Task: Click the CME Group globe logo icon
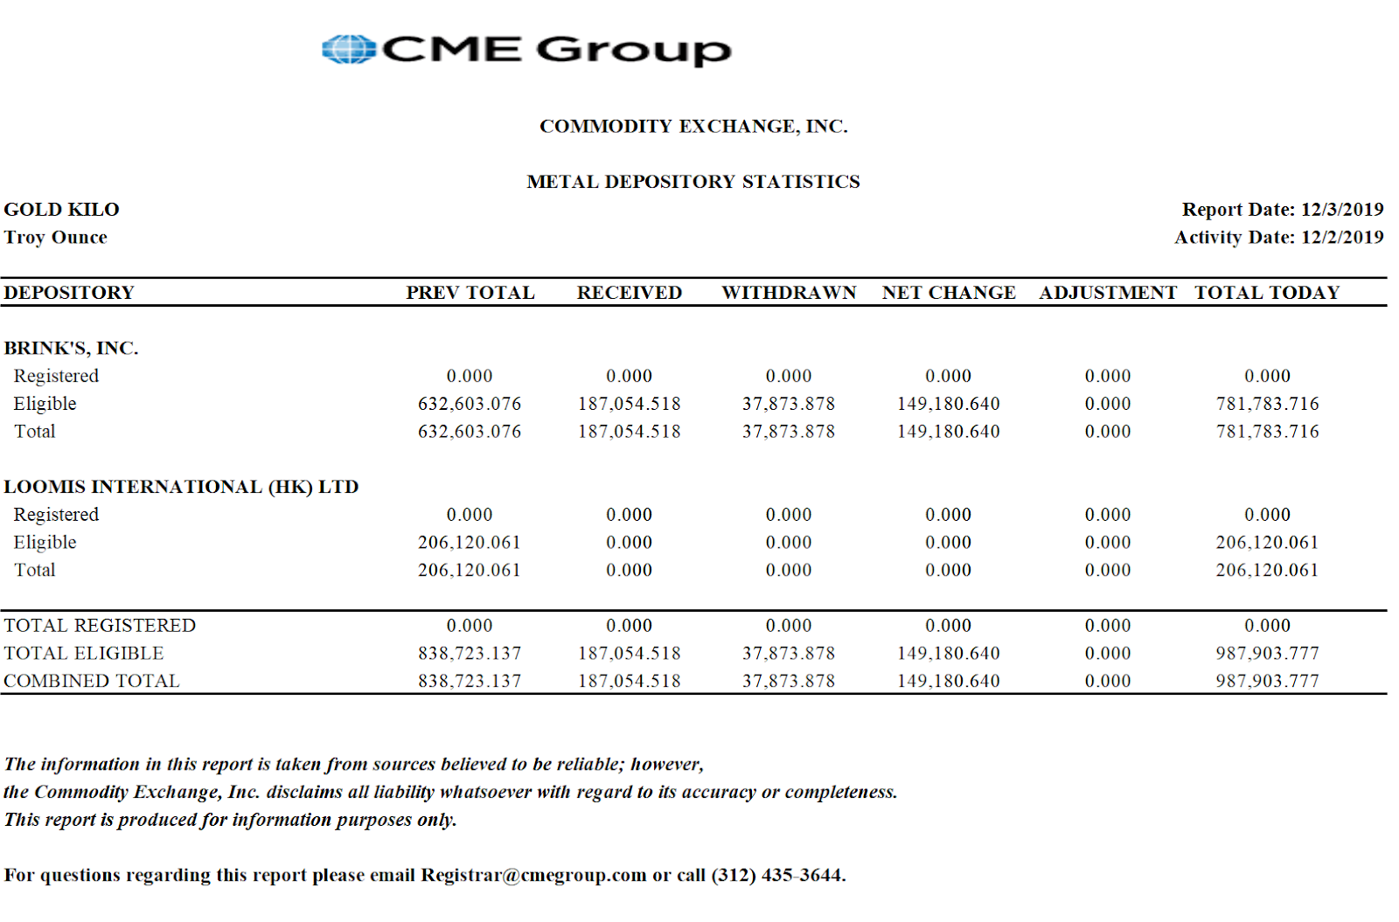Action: [349, 49]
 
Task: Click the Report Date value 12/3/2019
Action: [1341, 210]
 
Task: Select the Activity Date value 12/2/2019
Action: [1341, 238]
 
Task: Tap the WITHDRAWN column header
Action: [789, 293]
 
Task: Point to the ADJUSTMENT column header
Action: [1108, 293]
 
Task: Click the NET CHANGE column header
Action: [949, 293]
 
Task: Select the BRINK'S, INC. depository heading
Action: [71, 348]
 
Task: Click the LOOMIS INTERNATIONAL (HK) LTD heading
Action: [181, 487]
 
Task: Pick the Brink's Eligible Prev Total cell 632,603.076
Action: [470, 404]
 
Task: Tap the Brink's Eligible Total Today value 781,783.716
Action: [1267, 404]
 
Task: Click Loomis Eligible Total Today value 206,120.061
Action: [1267, 543]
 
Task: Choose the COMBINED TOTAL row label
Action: [91, 681]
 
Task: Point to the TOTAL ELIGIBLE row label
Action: [84, 654]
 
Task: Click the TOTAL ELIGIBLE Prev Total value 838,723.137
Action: [470, 654]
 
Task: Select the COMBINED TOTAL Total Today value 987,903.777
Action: [1267, 681]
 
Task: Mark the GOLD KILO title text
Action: [61, 210]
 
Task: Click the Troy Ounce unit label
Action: [55, 238]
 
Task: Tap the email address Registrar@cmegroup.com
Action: [533, 876]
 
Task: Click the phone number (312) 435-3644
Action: [777, 876]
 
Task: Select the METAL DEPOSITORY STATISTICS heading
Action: [693, 182]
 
